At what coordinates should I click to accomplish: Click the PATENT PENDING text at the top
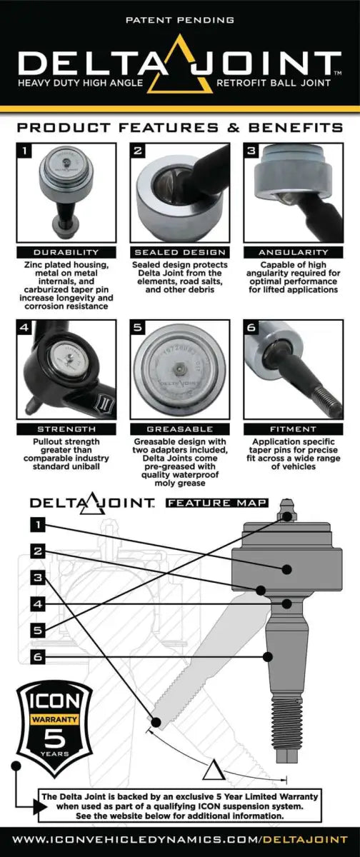[x=179, y=21]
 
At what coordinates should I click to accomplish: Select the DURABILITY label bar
[x=64, y=252]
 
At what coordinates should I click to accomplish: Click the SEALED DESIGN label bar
[x=180, y=252]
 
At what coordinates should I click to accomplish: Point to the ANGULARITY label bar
[x=295, y=252]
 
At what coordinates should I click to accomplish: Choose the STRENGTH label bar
[x=64, y=428]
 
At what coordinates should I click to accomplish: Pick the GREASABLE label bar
[x=180, y=428]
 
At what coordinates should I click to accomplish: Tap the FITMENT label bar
[x=295, y=428]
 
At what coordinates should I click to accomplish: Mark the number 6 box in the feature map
[x=39, y=655]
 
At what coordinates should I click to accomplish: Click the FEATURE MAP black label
[x=216, y=503]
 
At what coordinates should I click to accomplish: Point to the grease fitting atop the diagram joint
[x=288, y=516]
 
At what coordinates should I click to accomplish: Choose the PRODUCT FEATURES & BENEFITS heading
[x=179, y=127]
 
